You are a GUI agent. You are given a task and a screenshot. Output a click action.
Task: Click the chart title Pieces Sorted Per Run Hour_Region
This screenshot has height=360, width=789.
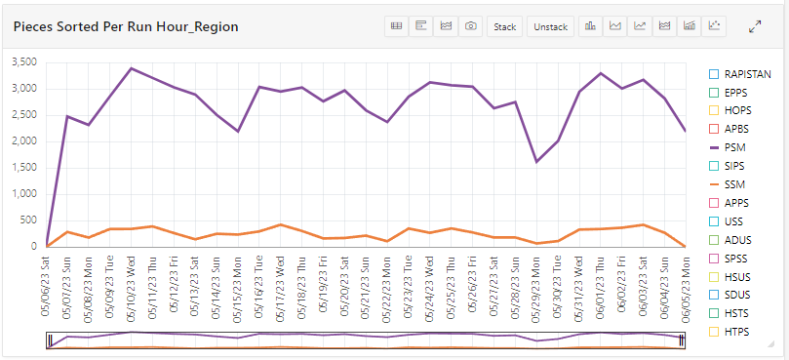(x=125, y=27)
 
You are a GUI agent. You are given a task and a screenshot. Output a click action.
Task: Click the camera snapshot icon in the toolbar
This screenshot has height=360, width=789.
(x=471, y=26)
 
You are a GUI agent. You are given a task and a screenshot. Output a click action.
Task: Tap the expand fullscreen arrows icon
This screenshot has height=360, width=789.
(x=755, y=26)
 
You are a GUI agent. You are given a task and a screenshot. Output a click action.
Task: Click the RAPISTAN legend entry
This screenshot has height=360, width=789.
(x=739, y=73)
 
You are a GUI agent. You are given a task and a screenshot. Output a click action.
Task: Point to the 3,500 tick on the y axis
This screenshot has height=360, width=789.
(x=21, y=62)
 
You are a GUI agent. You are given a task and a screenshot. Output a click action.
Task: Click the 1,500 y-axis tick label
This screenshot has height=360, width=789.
(x=21, y=168)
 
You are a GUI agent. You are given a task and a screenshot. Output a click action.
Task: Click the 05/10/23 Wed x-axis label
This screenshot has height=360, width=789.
(x=132, y=288)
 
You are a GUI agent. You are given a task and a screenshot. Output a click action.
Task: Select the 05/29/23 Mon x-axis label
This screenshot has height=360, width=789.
(x=536, y=288)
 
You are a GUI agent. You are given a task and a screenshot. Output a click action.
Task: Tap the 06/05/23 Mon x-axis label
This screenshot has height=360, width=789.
(x=686, y=288)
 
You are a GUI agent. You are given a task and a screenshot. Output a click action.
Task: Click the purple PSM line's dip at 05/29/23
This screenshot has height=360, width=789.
(x=536, y=162)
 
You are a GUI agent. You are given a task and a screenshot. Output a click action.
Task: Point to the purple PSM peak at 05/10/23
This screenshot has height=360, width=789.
(x=132, y=68)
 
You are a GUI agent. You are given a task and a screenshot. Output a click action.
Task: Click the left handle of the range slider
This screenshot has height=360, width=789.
(x=49, y=340)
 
